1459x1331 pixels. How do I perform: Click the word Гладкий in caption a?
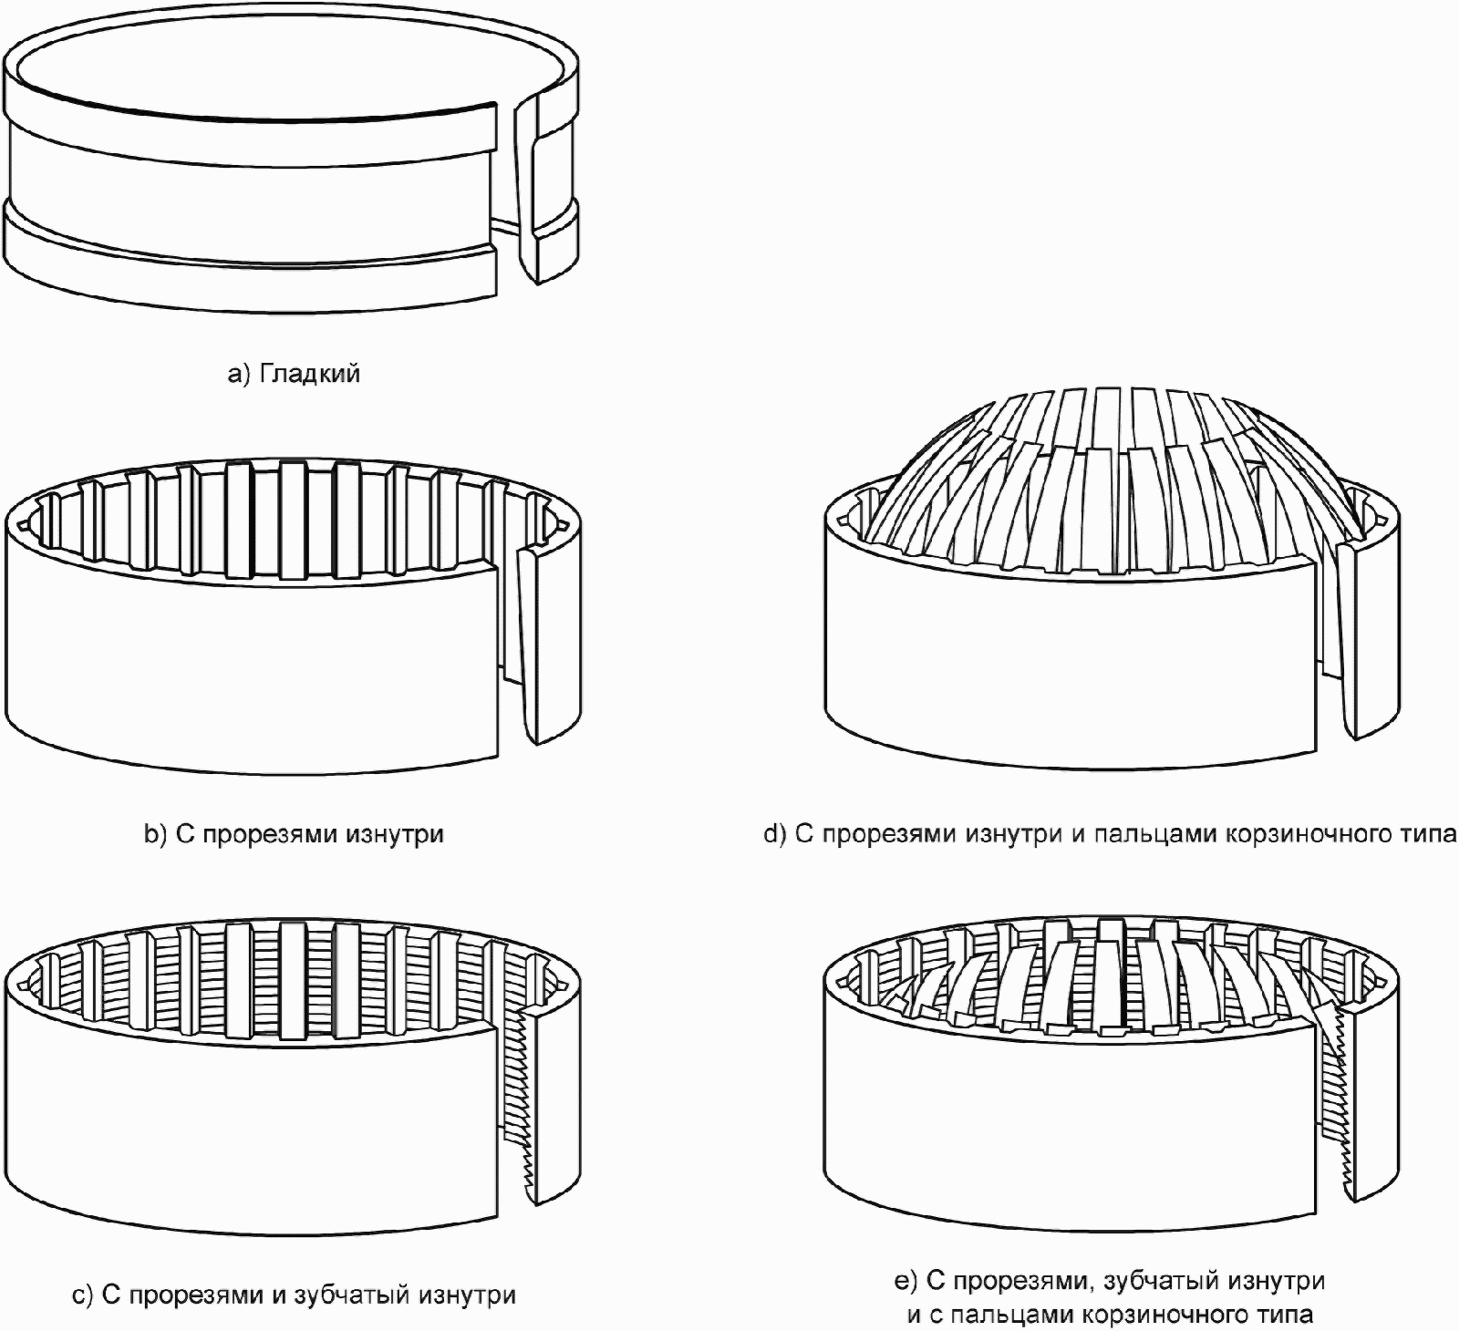tap(310, 374)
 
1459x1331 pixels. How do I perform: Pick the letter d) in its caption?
tap(775, 834)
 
